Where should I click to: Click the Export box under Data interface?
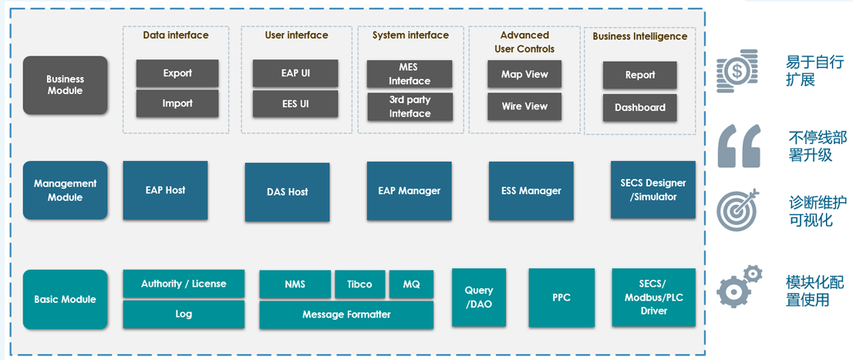pos(177,73)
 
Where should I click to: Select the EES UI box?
pos(295,104)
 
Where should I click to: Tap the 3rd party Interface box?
pos(410,107)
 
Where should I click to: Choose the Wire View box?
pos(524,106)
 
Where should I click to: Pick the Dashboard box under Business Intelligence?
pos(640,108)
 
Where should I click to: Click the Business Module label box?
pos(66,86)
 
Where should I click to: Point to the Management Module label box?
pos(66,190)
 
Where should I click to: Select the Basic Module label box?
pos(66,300)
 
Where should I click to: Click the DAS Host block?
pos(287,192)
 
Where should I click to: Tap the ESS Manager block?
pos(531,191)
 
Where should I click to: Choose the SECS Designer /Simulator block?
pos(652,190)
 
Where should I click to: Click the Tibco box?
pos(360,284)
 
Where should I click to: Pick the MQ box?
pos(411,284)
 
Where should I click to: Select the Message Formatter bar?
pos(346,315)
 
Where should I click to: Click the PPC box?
pos(561,298)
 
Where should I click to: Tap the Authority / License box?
pos(184,284)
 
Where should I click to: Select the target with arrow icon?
pos(736,210)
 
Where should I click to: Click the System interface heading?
pos(411,35)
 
